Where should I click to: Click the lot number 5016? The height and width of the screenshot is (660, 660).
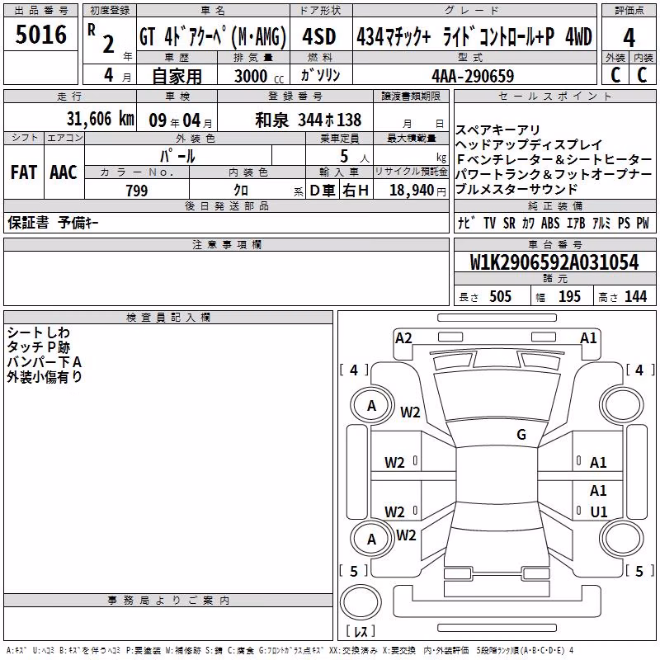pos(40,35)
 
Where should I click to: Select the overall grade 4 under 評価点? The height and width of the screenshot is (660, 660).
pos(629,38)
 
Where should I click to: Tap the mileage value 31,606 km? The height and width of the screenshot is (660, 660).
pos(100,119)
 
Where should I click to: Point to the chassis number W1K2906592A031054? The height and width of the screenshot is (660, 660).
pos(554,262)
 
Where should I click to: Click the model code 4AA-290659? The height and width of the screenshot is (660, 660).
pos(473,76)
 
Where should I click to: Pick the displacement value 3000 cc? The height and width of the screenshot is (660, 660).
pos(259,76)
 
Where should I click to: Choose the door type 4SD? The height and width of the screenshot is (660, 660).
pos(319,36)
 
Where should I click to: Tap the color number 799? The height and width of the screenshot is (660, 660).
pos(137,191)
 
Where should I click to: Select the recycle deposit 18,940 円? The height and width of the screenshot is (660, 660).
pos(417,191)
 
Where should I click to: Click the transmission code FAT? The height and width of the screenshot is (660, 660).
pos(24,172)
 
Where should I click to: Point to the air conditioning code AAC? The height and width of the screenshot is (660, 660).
pos(64,172)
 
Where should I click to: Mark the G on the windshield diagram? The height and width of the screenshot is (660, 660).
pos(521,434)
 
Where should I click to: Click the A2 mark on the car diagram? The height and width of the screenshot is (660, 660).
pos(403,338)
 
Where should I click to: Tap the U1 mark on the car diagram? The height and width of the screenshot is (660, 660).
pos(599,511)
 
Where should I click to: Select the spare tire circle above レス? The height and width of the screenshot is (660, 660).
pos(361,602)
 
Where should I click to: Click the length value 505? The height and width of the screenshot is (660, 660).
pos(500,296)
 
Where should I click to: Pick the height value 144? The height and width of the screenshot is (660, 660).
pos(635,296)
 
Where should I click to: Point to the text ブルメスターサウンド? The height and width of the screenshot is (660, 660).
pos(516,189)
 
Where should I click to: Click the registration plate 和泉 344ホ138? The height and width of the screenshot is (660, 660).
pos(308,120)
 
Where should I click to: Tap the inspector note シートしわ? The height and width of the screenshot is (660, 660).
pos(38,332)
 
